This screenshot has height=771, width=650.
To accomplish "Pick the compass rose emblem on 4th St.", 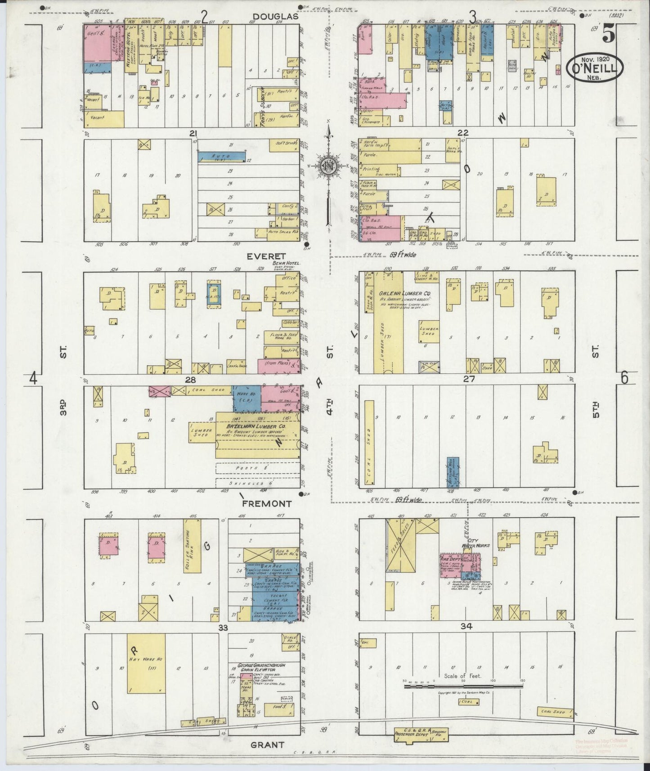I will click(x=329, y=166).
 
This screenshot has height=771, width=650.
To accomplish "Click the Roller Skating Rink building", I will click(x=192, y=546).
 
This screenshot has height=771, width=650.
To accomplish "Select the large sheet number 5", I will click(x=609, y=33).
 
